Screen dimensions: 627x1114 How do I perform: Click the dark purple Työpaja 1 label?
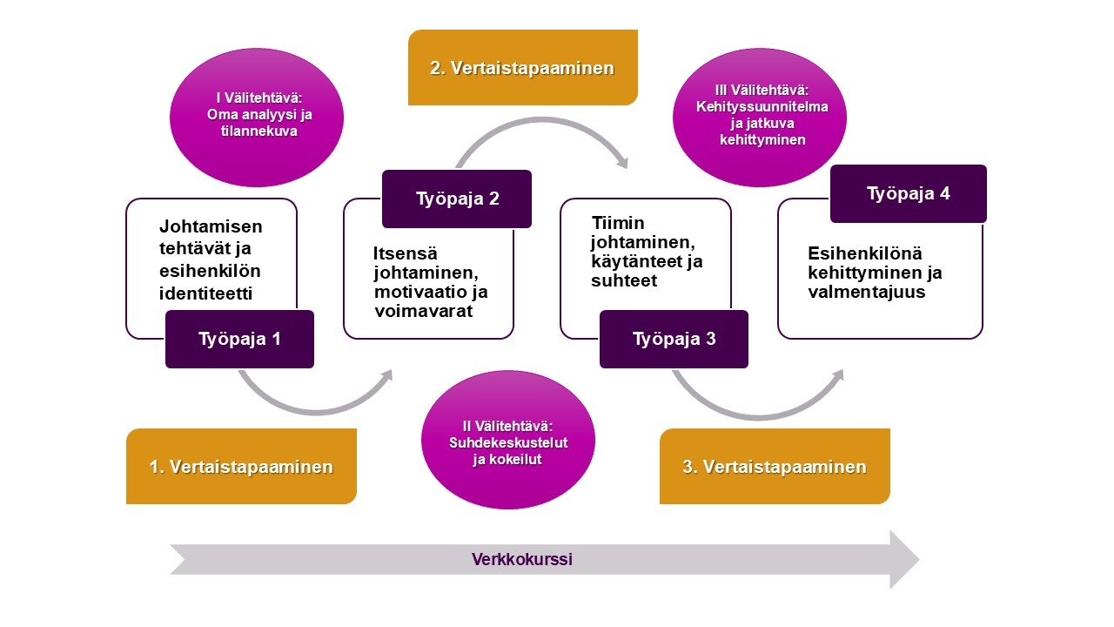pyautogui.click(x=239, y=339)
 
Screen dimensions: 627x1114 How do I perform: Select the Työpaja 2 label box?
pyautogui.click(x=456, y=199)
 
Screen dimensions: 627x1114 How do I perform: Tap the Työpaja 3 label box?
pyautogui.click(x=674, y=339)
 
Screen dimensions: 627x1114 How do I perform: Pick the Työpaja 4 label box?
pyautogui.click(x=908, y=193)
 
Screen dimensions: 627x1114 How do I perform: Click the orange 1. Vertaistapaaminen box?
pyautogui.click(x=241, y=467)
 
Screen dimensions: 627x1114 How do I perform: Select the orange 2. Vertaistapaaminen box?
pyautogui.click(x=522, y=68)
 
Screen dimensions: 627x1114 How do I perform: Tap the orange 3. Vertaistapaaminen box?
pyautogui.click(x=775, y=467)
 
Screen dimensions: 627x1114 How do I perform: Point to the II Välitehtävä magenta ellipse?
pyautogui.click(x=507, y=440)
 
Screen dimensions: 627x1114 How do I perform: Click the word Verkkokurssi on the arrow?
pyautogui.click(x=522, y=560)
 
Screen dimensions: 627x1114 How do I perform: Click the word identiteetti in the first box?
pyautogui.click(x=205, y=293)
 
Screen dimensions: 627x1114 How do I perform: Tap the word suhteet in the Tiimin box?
pyautogui.click(x=624, y=281)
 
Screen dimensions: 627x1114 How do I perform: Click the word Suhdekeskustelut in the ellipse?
pyautogui.click(x=507, y=442)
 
